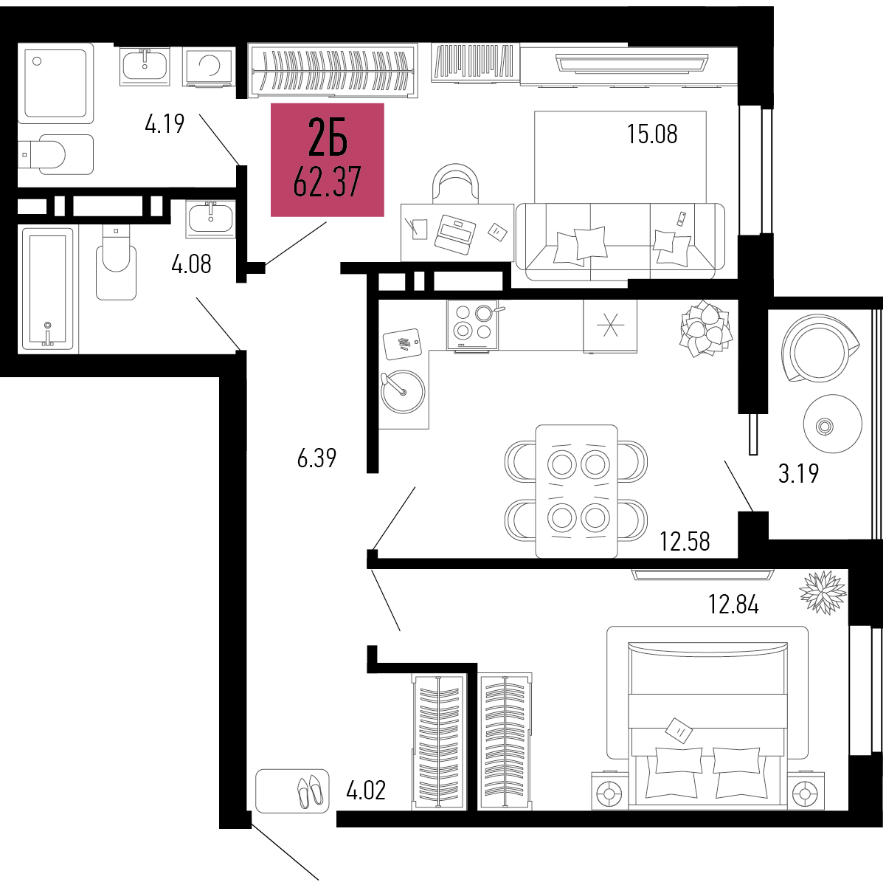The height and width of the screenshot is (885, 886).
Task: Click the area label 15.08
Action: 652,134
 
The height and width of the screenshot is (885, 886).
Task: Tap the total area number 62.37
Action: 327,182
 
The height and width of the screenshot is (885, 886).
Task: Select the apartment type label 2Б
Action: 328,137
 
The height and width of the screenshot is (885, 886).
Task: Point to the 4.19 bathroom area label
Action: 165,123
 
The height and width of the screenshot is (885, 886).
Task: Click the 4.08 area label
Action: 191,264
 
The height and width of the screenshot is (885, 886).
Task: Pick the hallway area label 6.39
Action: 316,458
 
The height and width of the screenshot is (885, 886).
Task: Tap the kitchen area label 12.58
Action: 685,541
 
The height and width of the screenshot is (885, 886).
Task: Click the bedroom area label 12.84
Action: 733,605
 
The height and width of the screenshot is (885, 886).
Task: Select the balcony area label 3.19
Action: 799,474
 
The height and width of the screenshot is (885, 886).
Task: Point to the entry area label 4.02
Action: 366,790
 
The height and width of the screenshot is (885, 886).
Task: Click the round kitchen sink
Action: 403,392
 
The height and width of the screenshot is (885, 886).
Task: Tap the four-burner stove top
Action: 473,325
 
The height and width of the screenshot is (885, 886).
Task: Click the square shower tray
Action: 55,83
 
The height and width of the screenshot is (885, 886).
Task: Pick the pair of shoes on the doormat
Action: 309,791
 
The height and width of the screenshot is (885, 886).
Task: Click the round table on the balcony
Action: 833,424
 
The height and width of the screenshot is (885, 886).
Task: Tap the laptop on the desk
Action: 455,234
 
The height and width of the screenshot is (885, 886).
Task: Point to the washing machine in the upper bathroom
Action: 209,66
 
